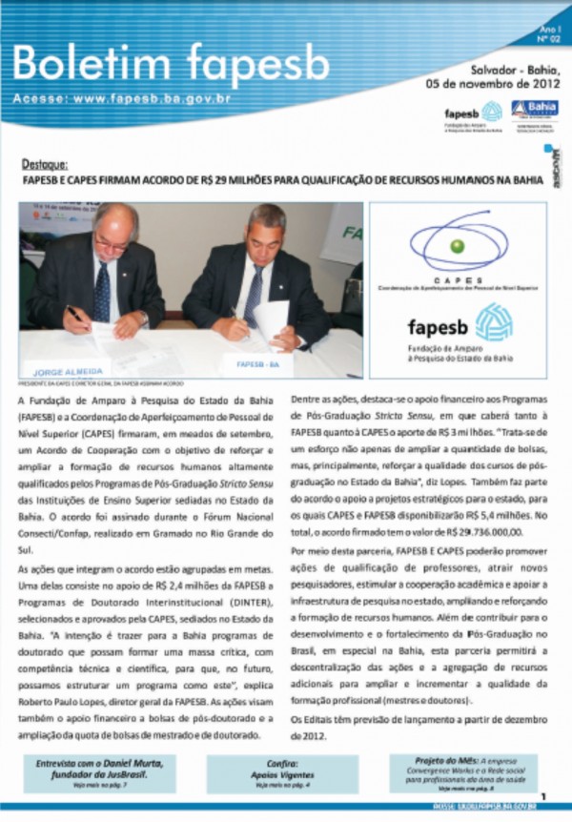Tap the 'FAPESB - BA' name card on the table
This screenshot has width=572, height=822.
(258, 362)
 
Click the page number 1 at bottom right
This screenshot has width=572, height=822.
(543, 795)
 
